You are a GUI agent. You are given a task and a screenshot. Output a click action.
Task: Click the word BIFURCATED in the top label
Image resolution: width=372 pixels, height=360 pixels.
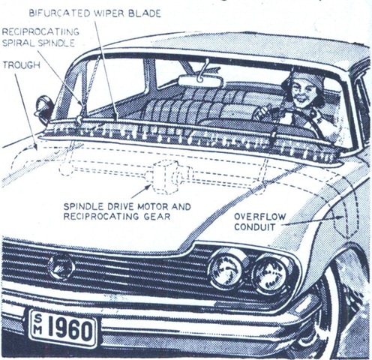(60, 13)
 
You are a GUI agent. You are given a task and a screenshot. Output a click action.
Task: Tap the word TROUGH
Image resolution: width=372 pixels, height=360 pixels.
(22, 65)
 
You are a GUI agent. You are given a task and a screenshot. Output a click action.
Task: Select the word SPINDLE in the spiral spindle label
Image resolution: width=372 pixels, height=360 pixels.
(56, 43)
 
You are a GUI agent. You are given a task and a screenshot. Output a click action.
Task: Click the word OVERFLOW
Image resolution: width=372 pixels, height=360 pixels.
(260, 217)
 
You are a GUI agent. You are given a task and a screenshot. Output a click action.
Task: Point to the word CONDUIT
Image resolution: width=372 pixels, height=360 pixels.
(255, 227)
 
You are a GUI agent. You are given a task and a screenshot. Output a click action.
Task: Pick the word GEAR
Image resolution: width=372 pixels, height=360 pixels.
(157, 216)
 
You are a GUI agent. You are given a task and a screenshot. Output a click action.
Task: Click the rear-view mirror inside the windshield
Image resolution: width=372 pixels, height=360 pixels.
(200, 81)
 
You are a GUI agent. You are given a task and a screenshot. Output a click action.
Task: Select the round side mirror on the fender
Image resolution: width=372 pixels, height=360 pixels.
(44, 109)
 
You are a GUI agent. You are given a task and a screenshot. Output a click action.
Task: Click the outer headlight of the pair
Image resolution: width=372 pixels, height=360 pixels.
(271, 275)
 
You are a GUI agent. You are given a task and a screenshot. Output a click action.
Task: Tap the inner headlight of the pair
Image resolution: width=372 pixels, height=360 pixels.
(226, 269)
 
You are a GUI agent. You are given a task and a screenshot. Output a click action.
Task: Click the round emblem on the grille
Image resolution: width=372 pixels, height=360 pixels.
(61, 267)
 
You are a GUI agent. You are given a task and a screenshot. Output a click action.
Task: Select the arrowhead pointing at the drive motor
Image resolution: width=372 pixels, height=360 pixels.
(148, 187)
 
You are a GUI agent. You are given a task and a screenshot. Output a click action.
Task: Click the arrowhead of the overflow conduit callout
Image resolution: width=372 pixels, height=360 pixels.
(340, 217)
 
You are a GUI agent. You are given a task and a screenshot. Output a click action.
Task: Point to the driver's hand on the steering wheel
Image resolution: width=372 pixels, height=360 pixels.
(259, 112)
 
